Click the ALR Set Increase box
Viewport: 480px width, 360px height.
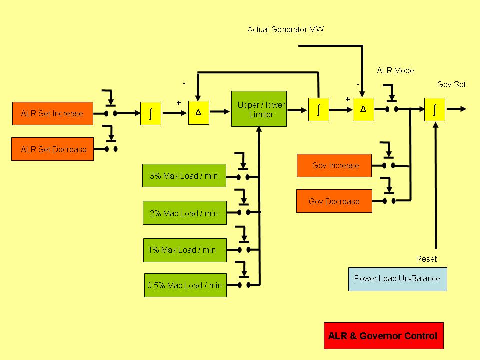[53, 113]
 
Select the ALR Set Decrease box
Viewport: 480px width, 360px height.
[53, 149]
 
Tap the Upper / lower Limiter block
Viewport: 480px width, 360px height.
[259, 109]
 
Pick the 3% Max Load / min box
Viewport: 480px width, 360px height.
[184, 176]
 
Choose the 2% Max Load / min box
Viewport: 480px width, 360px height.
[184, 213]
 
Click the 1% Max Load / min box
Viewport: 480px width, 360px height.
[184, 250]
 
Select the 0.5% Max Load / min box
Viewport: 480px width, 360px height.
[185, 285]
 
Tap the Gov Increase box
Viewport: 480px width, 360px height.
[334, 165]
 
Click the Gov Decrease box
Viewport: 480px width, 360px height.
[334, 201]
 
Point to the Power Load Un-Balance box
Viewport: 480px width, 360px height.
[397, 279]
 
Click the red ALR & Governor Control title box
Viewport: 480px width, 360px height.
[383, 336]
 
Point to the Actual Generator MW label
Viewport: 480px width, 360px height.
[285, 30]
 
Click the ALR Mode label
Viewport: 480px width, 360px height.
[395, 71]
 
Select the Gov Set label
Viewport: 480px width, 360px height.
[451, 84]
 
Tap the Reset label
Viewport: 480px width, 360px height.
[426, 259]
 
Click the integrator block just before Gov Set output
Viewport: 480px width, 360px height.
[434, 109]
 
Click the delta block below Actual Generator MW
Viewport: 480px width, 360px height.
[363, 109]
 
